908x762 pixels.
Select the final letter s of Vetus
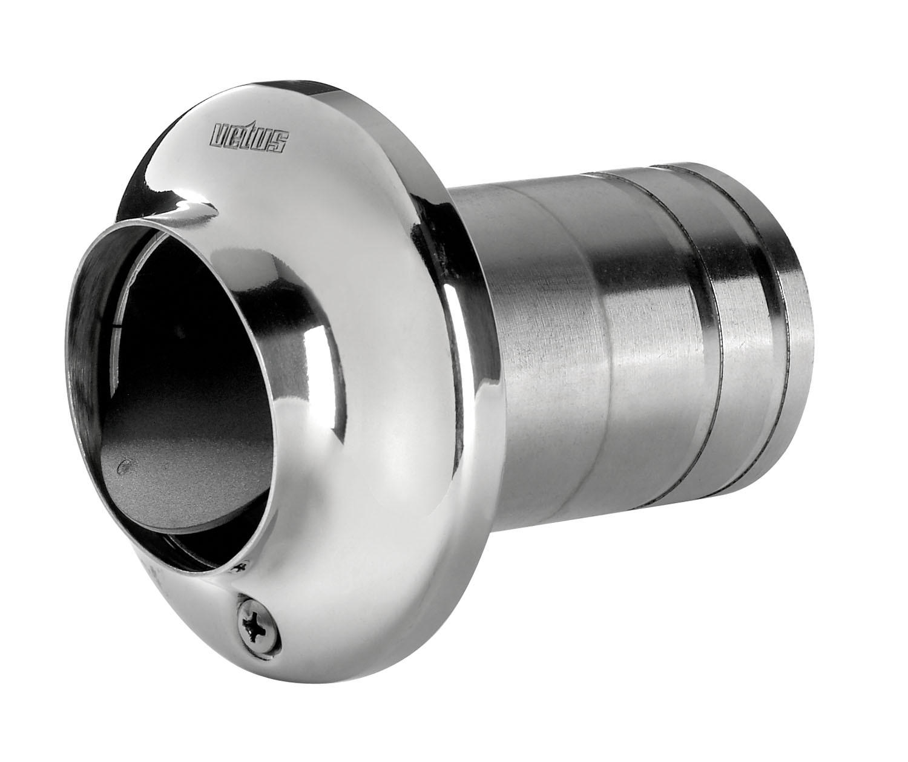coord(280,144)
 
